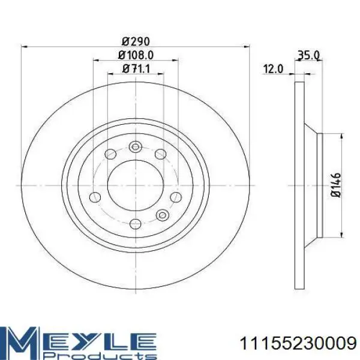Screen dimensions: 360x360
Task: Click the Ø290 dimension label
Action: coord(136,41)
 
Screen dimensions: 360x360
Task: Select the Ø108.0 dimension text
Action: coord(136,55)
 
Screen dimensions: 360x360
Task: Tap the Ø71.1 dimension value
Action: coord(136,68)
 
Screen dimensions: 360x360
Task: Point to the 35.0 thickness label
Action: coord(308,55)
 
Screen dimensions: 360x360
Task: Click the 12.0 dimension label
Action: coord(273,69)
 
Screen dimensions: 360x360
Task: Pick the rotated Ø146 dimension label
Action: coord(336,185)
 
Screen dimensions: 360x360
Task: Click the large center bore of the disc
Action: coord(136,185)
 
